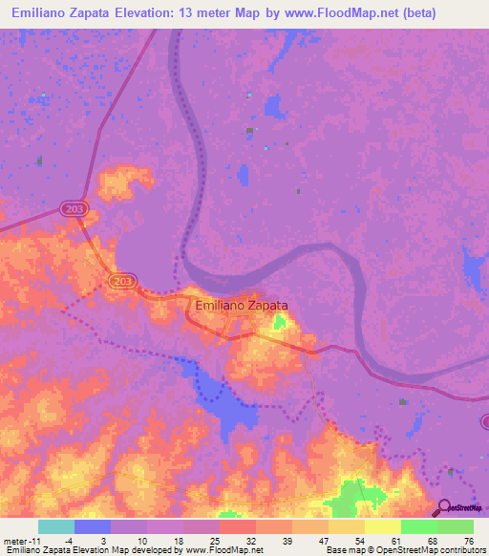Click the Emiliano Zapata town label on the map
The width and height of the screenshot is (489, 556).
(x=241, y=306)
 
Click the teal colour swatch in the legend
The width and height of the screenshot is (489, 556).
(x=56, y=526)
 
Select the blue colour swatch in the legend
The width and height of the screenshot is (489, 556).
(x=93, y=526)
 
